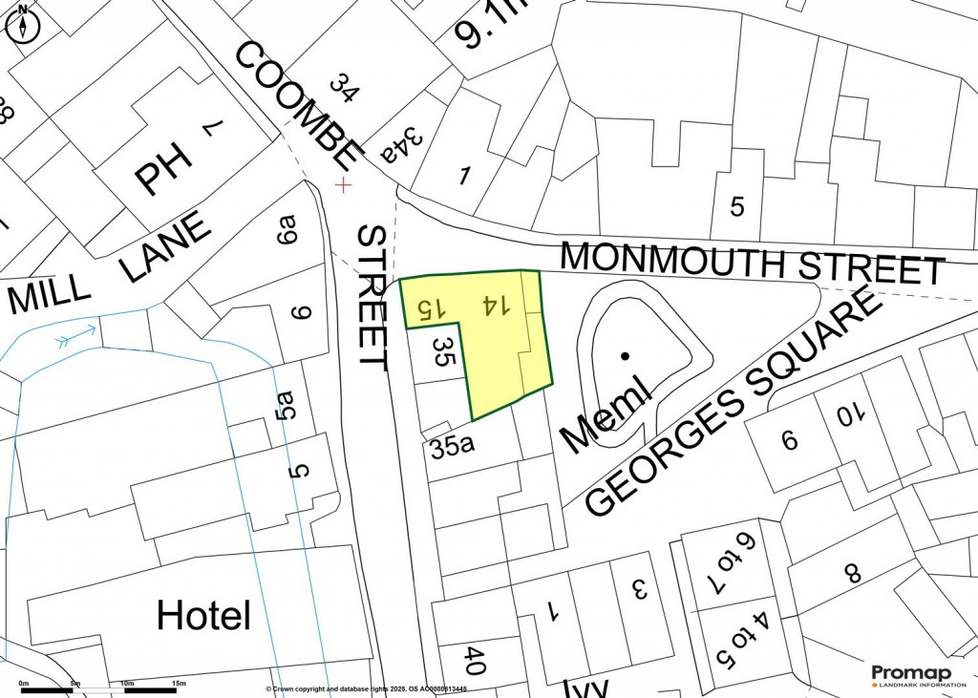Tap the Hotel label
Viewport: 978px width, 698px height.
203,615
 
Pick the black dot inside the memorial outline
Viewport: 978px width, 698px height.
625,356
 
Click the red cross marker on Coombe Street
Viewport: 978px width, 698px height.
343,184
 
